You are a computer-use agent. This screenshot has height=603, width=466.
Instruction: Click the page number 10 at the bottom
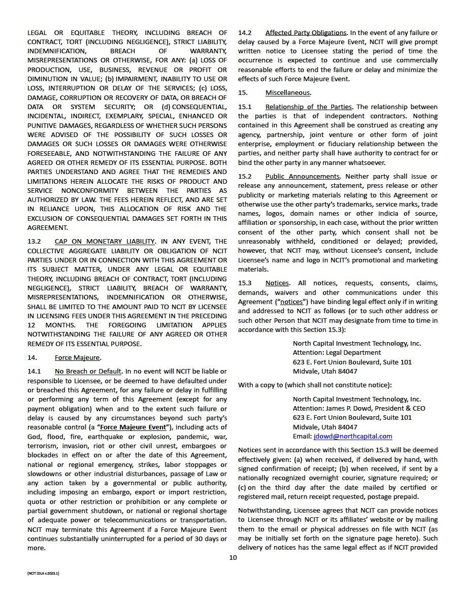tap(233, 557)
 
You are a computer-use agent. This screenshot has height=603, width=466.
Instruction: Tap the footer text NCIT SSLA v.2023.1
tap(44, 573)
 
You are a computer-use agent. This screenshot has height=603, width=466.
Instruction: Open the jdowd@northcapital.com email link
tap(353, 436)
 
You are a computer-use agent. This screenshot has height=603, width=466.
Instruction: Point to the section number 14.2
tap(245, 33)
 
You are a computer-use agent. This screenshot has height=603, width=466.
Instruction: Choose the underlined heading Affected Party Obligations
tap(306, 33)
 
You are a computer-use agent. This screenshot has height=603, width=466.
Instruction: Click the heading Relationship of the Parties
tap(309, 107)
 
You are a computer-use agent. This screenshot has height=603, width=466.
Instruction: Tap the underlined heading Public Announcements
tap(303, 177)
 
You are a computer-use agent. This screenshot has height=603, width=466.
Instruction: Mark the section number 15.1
tap(245, 107)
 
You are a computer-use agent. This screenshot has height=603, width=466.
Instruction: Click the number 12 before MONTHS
tap(32, 325)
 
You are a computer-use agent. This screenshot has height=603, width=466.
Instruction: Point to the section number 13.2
tap(34, 242)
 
